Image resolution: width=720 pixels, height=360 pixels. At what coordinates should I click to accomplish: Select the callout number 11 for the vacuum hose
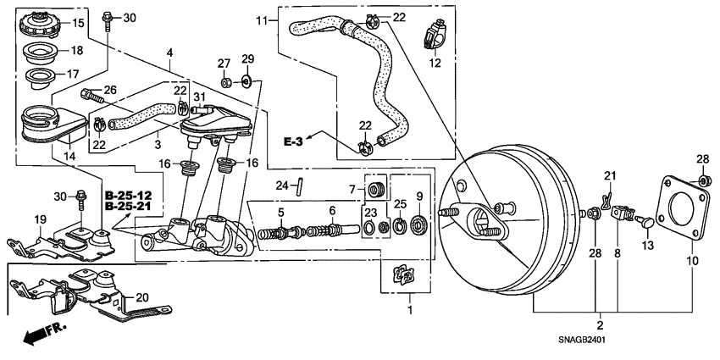tap(262, 20)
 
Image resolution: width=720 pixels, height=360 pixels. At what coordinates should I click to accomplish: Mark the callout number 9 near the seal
tap(419, 197)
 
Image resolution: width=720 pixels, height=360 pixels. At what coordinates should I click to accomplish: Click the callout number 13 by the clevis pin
tap(649, 246)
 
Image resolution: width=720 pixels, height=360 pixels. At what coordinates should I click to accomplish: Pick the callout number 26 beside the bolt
tap(109, 91)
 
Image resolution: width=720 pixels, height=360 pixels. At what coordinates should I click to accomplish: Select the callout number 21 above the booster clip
tap(607, 175)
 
